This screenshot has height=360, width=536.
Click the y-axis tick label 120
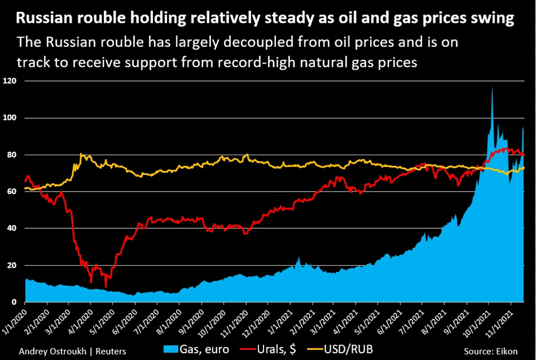(x=10, y=81)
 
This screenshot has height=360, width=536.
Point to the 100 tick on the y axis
(x=10, y=118)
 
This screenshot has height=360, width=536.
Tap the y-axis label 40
(x=12, y=228)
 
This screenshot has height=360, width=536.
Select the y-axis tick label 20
(x=12, y=265)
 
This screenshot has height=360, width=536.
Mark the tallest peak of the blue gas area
(x=492, y=87)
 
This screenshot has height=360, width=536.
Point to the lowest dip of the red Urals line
(x=105, y=286)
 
